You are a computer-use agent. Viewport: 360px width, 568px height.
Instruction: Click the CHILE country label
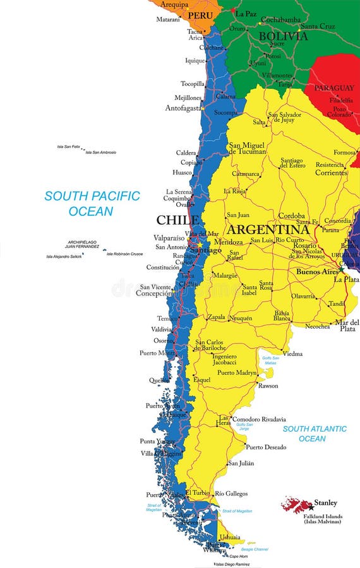(177, 220)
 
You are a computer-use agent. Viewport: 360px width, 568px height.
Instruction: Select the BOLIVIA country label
(283, 36)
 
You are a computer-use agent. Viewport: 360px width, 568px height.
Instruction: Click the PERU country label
(201, 14)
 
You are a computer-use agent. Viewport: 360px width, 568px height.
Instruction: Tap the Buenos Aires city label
(317, 271)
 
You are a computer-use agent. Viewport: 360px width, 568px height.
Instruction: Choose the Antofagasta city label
(184, 108)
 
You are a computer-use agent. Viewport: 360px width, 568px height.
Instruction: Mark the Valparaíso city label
(169, 238)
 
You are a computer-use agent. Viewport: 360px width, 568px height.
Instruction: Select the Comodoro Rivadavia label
(259, 419)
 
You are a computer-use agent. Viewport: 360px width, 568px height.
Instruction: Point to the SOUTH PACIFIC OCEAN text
(92, 203)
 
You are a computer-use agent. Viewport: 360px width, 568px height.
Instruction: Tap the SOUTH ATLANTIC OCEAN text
(315, 434)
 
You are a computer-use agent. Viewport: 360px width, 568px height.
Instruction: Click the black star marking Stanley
(311, 507)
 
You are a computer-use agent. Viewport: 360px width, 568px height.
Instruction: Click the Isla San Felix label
(68, 146)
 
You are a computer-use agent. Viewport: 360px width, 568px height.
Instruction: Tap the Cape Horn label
(238, 556)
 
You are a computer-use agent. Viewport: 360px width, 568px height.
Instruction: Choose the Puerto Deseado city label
(266, 447)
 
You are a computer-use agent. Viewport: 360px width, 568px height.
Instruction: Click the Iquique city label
(195, 61)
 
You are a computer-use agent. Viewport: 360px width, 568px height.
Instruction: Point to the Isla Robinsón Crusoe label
(124, 254)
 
